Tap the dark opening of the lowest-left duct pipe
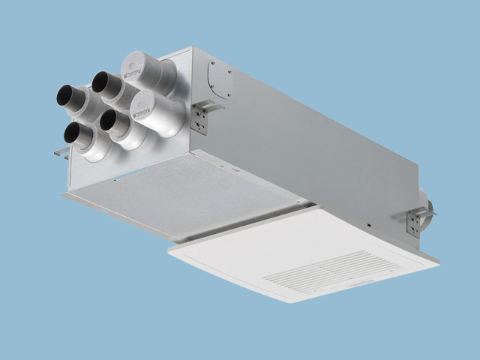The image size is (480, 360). [73, 133]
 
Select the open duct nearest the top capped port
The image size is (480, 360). [100, 81]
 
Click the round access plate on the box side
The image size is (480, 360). [220, 77]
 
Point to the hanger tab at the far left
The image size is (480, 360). [60, 152]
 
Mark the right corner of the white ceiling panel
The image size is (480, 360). [439, 262]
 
